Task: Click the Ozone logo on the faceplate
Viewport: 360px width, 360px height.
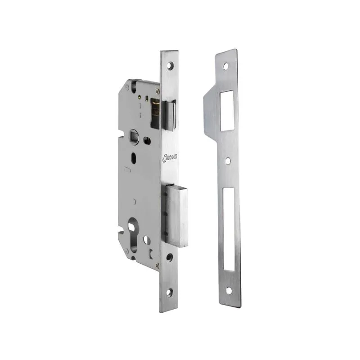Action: (170, 158)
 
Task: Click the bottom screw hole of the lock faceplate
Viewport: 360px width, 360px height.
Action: (169, 292)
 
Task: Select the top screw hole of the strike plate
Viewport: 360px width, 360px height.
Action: (226, 66)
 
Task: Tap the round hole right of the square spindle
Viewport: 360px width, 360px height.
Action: (148, 140)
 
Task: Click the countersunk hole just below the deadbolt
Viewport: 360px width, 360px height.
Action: (169, 257)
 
